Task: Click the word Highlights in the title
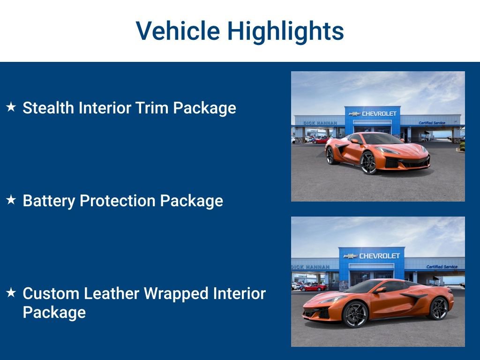coord(285,31)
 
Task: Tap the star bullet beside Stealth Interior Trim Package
coord(11,107)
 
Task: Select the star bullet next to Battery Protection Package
coord(11,200)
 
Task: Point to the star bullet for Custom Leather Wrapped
coord(11,293)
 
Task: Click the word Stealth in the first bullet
coord(48,108)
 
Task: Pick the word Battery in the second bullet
coord(49,201)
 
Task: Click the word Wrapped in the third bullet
coord(176,293)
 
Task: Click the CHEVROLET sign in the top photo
coord(379,113)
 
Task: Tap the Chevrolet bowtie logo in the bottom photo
coord(350,256)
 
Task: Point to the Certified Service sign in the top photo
coord(432,123)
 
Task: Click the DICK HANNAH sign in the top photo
coord(320,123)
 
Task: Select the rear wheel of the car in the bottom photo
coord(439,308)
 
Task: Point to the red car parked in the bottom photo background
coord(313,287)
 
